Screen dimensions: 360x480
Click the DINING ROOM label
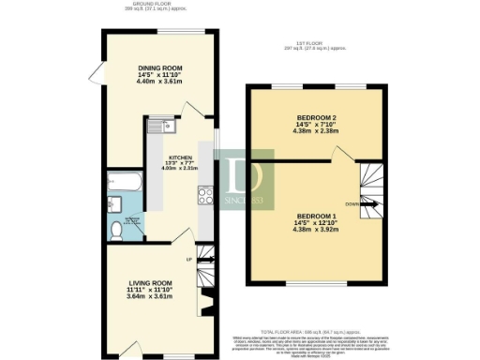pos(158,68)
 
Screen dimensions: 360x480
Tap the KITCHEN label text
pos(180,157)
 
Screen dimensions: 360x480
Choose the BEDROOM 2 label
pos(314,118)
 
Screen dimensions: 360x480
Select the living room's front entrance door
pos(130,347)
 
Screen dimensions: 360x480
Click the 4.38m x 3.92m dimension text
pos(314,230)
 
